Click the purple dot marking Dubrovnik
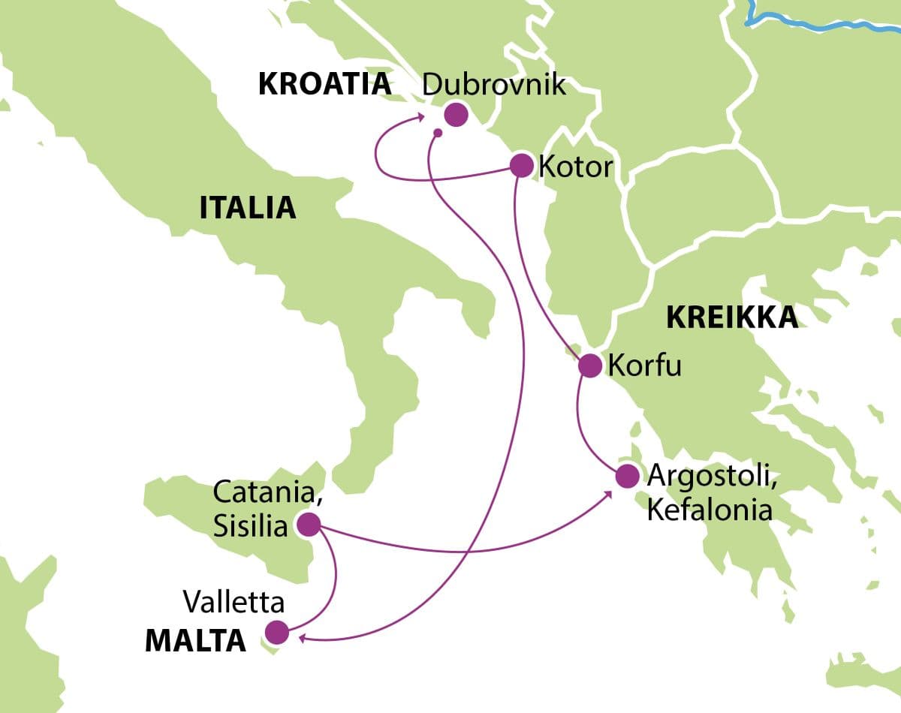tap(456, 115)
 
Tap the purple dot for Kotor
tap(522, 165)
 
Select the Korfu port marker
tap(590, 366)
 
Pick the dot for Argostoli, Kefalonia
tap(626, 476)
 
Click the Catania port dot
tap(309, 525)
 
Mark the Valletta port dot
tap(277, 632)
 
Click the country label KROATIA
tap(324, 85)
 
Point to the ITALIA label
tap(247, 208)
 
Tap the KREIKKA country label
tap(732, 318)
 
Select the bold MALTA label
tap(194, 641)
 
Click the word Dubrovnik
tap(493, 84)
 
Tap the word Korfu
tap(644, 366)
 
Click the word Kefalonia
tap(710, 510)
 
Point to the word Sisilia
tap(251, 526)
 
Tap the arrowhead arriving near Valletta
tap(301, 638)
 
